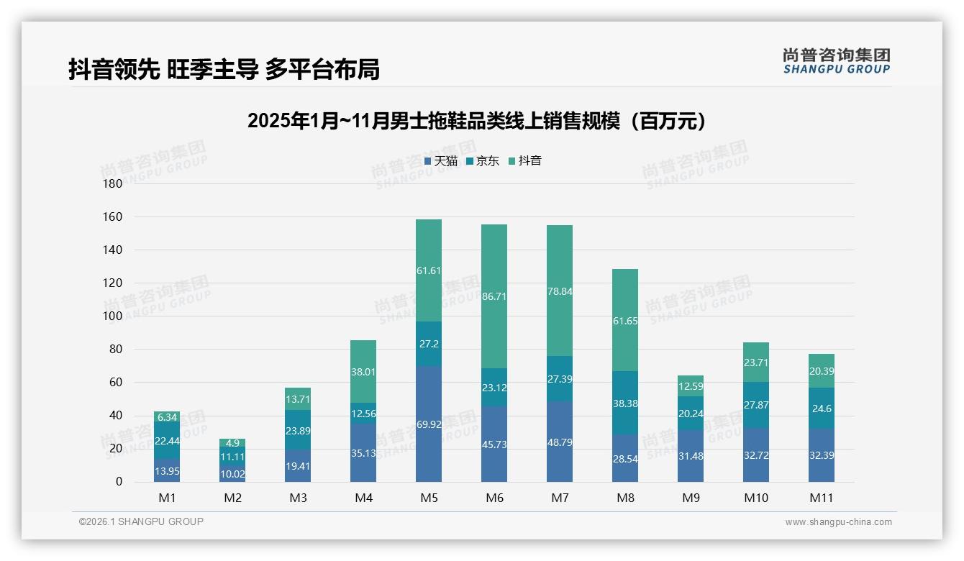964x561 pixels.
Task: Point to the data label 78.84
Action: point(560,291)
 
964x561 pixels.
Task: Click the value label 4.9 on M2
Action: point(232,443)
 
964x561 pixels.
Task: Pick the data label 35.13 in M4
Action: point(363,453)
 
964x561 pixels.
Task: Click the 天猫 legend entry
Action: point(440,161)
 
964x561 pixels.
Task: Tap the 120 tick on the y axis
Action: point(113,283)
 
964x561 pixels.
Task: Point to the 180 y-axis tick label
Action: point(113,183)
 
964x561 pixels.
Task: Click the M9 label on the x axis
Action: point(691,498)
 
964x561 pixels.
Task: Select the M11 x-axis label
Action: point(822,498)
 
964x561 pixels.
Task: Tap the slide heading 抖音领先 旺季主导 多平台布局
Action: point(224,70)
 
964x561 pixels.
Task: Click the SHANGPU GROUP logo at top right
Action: point(836,60)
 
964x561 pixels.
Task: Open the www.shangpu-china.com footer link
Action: point(838,522)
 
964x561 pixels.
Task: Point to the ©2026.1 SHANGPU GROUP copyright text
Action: point(141,521)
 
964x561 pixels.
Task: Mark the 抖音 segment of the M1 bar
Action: point(167,416)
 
